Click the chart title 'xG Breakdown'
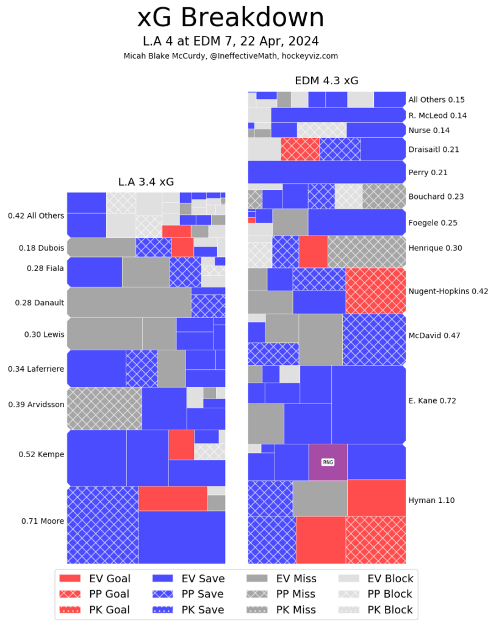[x=230, y=18]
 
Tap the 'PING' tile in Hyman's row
[x=328, y=462]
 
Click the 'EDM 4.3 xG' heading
[x=326, y=81]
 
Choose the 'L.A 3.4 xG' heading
[x=146, y=182]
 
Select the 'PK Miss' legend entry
[x=281, y=609]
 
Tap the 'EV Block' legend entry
[x=376, y=579]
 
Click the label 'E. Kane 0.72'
[x=432, y=401]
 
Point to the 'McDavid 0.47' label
[x=434, y=335]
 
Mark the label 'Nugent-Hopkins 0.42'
[x=448, y=291]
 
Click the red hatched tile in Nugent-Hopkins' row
[x=375, y=291]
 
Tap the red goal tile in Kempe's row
[x=181, y=445]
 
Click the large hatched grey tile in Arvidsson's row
[x=104, y=408]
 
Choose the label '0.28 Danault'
[x=40, y=302]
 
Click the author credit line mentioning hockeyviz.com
[x=230, y=56]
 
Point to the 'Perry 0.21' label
[x=428, y=173]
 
